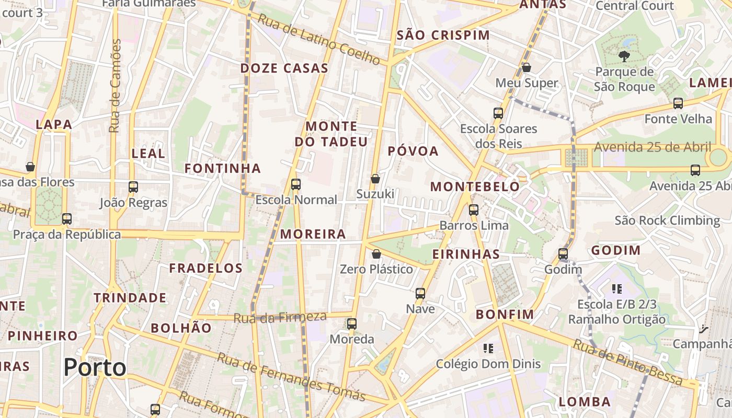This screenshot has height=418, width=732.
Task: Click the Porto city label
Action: (95, 367)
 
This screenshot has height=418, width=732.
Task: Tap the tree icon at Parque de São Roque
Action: (624, 56)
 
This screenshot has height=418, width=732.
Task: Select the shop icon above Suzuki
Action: (375, 179)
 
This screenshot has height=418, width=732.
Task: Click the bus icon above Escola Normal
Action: (296, 184)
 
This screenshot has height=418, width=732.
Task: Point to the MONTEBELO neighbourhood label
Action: (475, 187)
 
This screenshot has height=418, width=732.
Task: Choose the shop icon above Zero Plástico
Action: (376, 254)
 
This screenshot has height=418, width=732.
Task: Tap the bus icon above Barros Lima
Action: (474, 210)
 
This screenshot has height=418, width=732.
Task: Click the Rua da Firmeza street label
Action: (280, 317)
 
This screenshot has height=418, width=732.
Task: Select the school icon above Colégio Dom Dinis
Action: (488, 348)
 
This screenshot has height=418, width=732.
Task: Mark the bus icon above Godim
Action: (563, 254)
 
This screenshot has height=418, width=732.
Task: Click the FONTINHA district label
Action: (222, 168)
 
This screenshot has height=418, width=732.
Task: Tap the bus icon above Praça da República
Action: (67, 219)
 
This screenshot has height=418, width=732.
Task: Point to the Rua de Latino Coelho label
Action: (319, 39)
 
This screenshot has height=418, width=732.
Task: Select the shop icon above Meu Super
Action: (527, 67)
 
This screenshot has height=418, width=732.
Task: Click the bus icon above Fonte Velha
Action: (678, 103)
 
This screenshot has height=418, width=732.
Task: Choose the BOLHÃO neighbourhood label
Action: (181, 328)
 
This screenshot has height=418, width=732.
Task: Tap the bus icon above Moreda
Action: (352, 324)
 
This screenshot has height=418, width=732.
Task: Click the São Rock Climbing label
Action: (667, 220)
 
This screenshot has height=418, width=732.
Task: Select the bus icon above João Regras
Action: (133, 187)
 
